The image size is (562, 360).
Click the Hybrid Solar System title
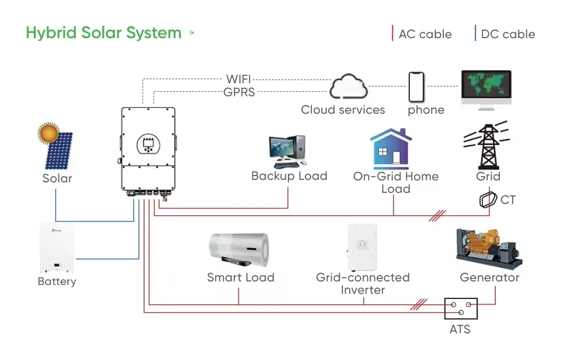(103, 33)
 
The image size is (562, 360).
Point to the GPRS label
(239, 92)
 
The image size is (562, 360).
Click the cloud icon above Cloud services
(348, 87)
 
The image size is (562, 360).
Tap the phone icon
(417, 87)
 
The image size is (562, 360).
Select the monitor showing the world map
(486, 89)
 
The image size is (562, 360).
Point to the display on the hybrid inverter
(149, 144)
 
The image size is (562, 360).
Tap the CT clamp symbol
(487, 200)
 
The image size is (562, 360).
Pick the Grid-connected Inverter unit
(362, 246)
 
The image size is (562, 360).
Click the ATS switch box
(461, 308)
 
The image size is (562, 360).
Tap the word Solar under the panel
(57, 179)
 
